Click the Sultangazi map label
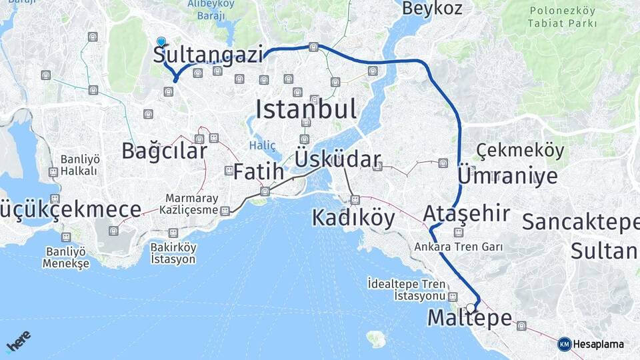[x=208, y=55]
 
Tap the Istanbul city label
[x=305, y=109]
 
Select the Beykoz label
[x=431, y=9]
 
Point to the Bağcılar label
[x=164, y=151]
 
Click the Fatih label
[x=258, y=171]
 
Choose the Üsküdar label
[x=337, y=159]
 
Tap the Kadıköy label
[x=353, y=218]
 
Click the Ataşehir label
[x=467, y=214]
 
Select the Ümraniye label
[x=508, y=176]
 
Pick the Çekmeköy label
[x=520, y=151]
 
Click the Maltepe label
[x=469, y=319]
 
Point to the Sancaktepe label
[x=580, y=222]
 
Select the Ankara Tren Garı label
[x=458, y=247]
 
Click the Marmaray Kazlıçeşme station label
[x=192, y=205]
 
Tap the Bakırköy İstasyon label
[x=173, y=253]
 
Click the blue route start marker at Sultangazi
[x=161, y=41]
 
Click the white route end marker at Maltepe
[x=471, y=307]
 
